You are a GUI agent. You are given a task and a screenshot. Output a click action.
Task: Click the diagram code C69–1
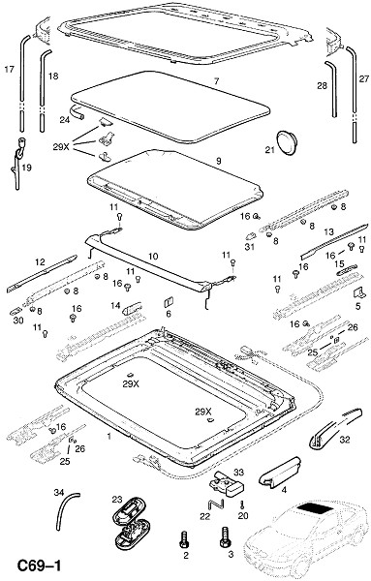[x=40, y=566]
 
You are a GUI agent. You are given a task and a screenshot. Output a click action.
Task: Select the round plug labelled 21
[x=287, y=142]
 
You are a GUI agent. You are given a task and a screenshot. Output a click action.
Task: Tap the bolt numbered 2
[x=184, y=539]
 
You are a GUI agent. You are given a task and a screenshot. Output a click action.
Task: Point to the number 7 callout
[x=216, y=81]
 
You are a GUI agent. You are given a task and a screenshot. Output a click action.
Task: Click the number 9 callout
[x=219, y=161]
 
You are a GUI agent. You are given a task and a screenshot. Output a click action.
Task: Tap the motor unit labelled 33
[x=226, y=485]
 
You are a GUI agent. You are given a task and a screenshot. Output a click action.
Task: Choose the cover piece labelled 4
[x=279, y=473]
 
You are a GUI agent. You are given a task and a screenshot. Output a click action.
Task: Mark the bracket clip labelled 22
[x=216, y=505]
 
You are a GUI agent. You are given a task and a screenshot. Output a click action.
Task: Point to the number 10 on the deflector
[x=153, y=256]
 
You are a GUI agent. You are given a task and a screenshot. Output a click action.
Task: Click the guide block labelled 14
[x=133, y=307]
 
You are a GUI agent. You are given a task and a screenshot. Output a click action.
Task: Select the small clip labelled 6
[x=169, y=301]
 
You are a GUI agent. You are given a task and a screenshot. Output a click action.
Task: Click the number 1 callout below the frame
[x=108, y=437]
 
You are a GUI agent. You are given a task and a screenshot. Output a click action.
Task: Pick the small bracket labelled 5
[x=358, y=292]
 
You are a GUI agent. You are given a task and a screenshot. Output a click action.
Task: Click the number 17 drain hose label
[x=10, y=69]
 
